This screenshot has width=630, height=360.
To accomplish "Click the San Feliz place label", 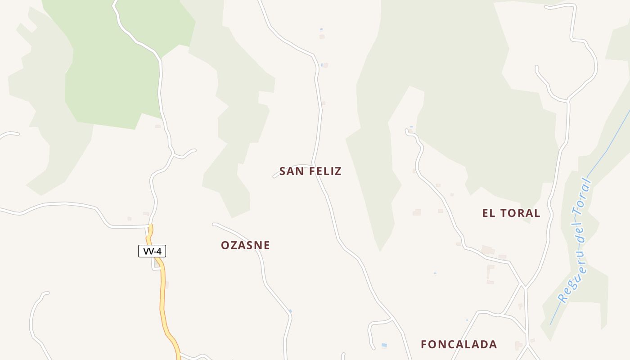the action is (310, 171).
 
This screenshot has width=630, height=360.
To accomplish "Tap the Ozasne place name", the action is (245, 245).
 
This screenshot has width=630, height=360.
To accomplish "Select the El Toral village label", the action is (511, 213).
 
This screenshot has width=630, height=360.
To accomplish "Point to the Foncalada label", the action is (459, 344).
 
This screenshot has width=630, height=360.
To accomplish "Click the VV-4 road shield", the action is (152, 251).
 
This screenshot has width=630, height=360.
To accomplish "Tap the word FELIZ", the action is (325, 171).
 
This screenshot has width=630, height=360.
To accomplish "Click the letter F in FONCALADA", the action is (424, 344).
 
